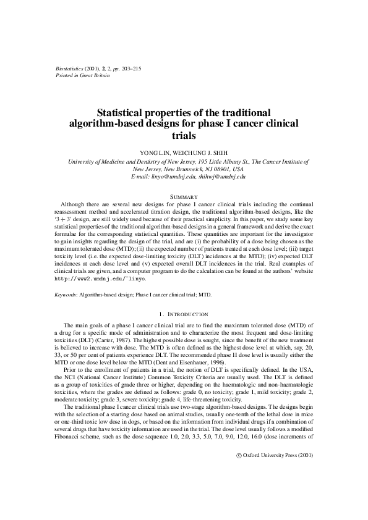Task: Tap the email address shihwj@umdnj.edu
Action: [x=222, y=177]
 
